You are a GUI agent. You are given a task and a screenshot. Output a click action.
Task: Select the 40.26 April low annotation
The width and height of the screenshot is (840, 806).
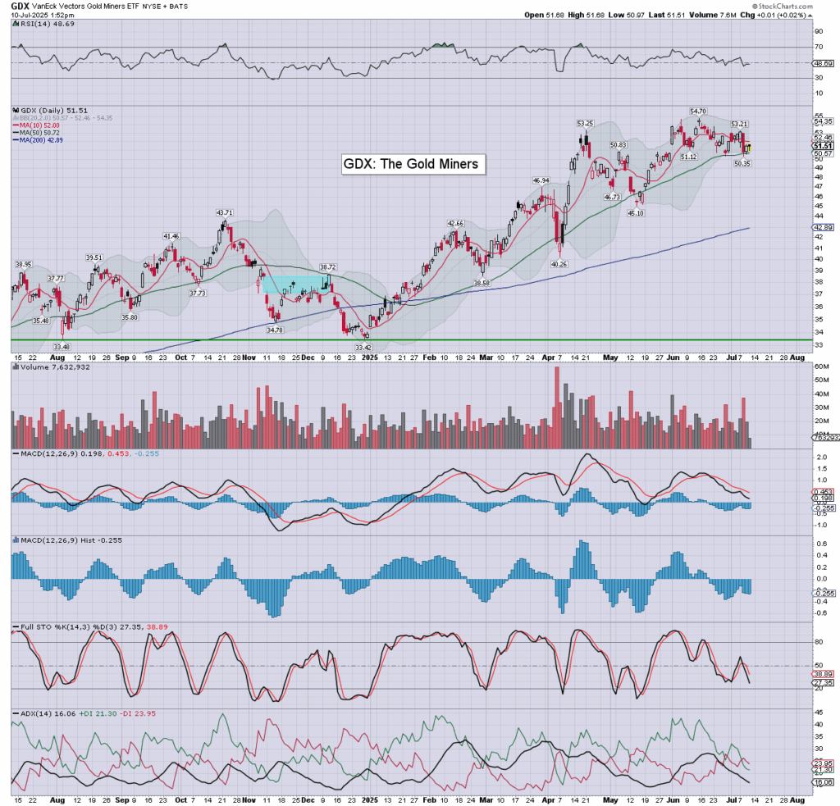pyautogui.click(x=559, y=264)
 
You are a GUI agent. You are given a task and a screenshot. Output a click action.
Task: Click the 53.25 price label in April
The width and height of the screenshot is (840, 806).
pyautogui.click(x=585, y=123)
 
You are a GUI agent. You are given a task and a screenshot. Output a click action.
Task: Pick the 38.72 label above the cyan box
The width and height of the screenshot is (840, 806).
pyautogui.click(x=328, y=266)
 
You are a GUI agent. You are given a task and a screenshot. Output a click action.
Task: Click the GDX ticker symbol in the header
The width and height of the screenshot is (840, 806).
pyautogui.click(x=21, y=6)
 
